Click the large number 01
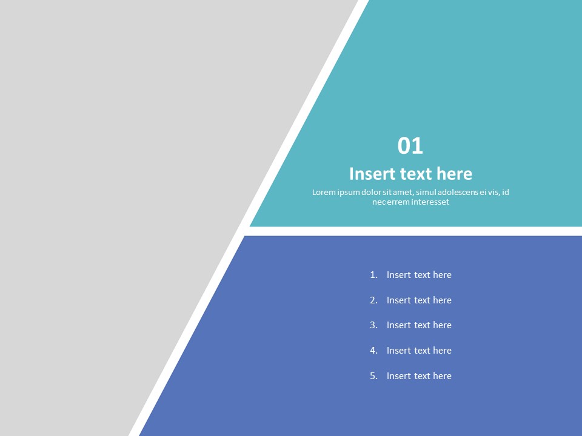410,146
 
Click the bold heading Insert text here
410,174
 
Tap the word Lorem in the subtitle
324,193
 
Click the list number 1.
373,275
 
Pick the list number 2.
373,300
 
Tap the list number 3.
373,325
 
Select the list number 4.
373,351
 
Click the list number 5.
373,376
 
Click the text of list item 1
419,275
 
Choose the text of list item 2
419,300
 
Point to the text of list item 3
419,325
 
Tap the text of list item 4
419,351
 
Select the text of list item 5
419,376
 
